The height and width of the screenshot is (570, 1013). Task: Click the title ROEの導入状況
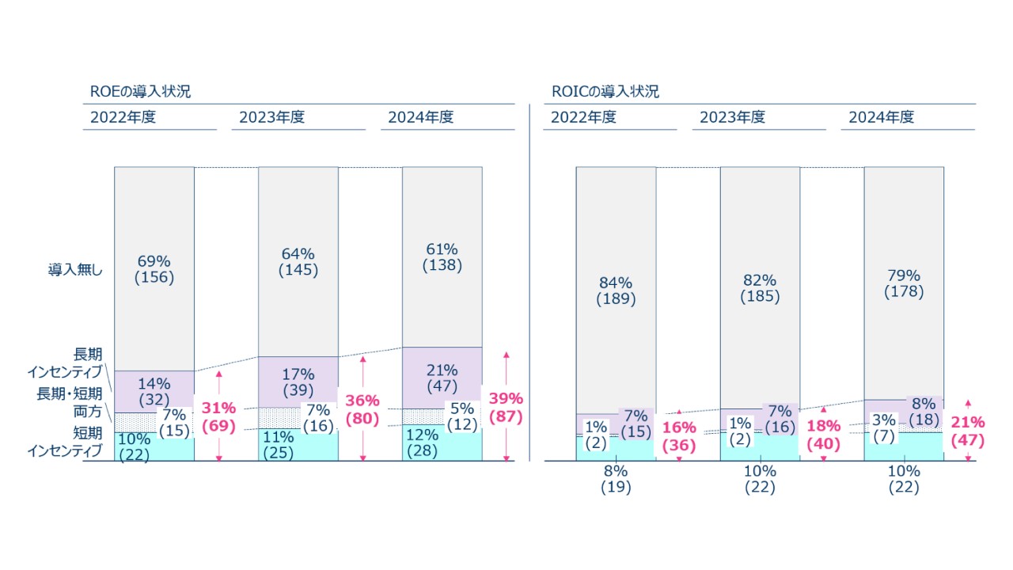140,92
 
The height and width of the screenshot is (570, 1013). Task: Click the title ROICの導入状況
605,92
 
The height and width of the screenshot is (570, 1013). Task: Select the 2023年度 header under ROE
271,117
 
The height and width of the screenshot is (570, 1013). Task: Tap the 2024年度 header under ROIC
881,117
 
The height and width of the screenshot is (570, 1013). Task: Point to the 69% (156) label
154,269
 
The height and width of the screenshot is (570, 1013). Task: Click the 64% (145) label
298,262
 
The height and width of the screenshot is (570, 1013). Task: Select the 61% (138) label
442,257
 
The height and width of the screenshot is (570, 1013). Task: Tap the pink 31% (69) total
218,417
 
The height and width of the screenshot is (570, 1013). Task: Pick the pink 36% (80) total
362,409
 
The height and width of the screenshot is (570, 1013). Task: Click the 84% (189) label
615,291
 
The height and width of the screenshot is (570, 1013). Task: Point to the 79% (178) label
903,283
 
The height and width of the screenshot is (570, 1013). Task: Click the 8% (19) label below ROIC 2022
615,479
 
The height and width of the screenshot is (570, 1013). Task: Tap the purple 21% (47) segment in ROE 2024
442,378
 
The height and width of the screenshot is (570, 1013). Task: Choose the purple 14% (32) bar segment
154,391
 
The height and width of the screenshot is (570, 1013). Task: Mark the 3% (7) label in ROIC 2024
885,427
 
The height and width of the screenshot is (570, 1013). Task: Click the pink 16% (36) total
678,436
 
